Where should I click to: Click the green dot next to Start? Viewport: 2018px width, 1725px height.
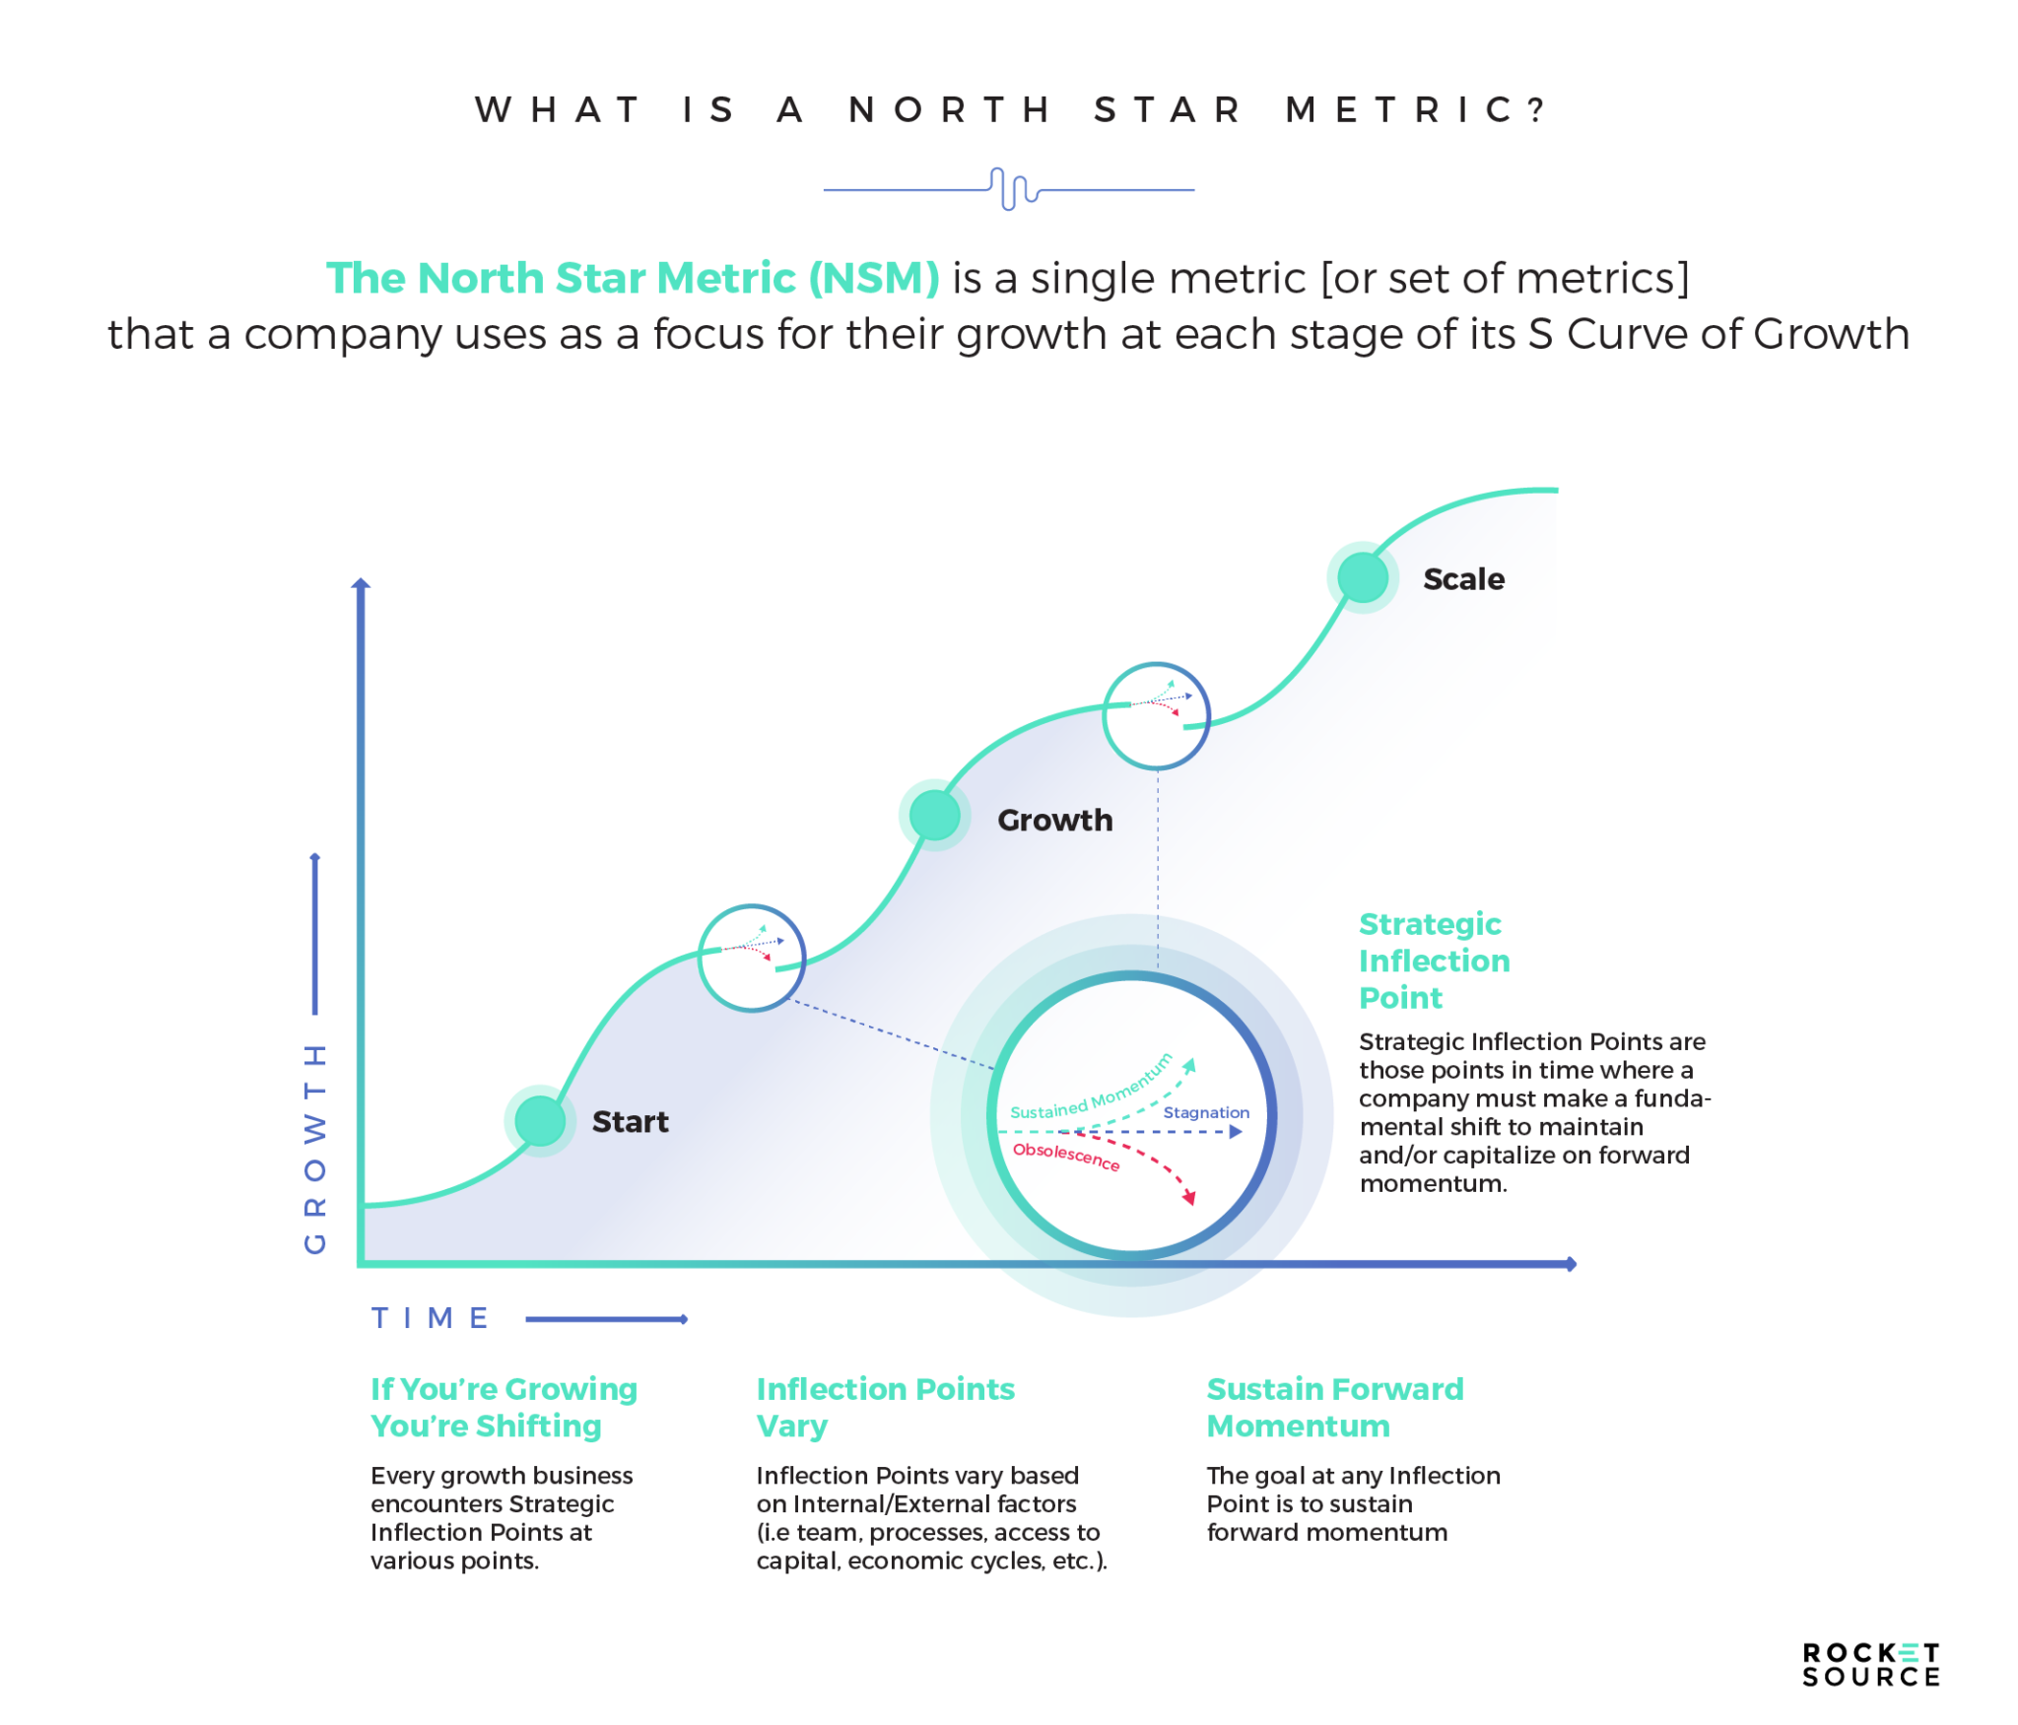[x=540, y=1120]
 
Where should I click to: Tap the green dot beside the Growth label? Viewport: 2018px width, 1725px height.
[x=934, y=815]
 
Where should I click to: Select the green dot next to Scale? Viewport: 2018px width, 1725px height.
[x=1363, y=577]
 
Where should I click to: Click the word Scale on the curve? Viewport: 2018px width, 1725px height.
[x=1463, y=579]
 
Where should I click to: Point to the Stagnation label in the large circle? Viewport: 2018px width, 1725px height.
[x=1206, y=1112]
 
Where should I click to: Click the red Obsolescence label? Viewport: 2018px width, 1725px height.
[x=1066, y=1156]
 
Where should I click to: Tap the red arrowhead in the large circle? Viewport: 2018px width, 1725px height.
[x=1189, y=1198]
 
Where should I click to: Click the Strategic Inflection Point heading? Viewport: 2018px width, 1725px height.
[x=1434, y=961]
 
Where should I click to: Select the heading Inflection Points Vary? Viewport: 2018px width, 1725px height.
[x=885, y=1407]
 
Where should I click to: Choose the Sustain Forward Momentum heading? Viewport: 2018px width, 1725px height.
[x=1335, y=1407]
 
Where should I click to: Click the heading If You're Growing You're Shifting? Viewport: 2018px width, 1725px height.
[x=504, y=1407]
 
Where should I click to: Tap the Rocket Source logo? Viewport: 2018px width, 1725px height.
[x=1870, y=1665]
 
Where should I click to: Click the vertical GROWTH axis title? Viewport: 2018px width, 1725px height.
[x=314, y=1148]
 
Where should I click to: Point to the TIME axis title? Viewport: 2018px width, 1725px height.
[x=431, y=1318]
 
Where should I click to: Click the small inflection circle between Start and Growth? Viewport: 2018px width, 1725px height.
[x=752, y=958]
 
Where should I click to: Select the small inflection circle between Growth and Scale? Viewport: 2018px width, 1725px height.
[x=1156, y=715]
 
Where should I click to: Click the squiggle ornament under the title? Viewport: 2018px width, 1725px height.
[x=1009, y=188]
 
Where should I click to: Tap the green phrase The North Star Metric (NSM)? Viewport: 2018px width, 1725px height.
[x=633, y=278]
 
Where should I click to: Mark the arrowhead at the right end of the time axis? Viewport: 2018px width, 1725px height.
[x=1571, y=1264]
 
